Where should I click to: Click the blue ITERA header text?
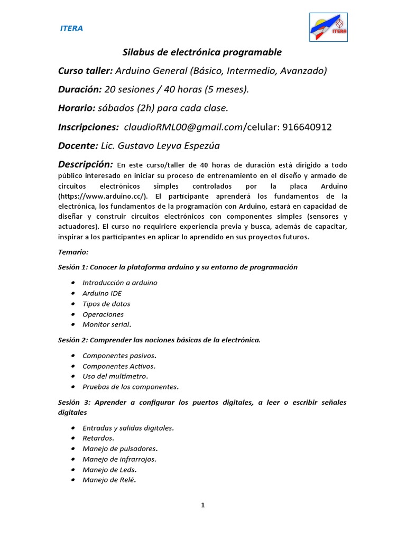coord(71,29)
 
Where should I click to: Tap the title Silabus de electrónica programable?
coord(202,52)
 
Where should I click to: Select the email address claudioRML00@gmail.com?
coord(183,127)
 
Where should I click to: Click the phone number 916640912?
coord(307,127)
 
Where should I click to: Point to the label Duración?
coord(80,89)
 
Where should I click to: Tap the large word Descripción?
coord(85,164)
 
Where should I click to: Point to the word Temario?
coord(73,252)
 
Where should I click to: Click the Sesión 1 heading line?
coord(178,267)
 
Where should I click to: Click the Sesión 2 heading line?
coord(159,340)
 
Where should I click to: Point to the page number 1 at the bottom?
coord(202,505)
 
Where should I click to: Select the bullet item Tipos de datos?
coord(106,304)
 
